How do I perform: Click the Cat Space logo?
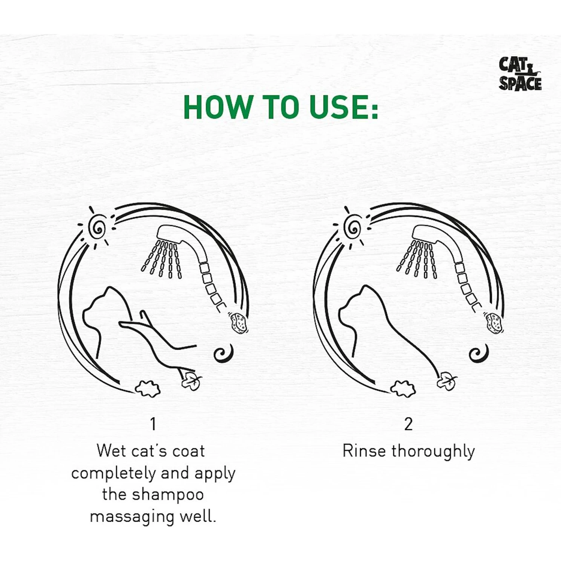(520, 74)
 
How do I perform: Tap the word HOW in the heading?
(218, 107)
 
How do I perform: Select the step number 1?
(153, 424)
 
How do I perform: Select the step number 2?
(408, 424)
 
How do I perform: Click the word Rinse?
(364, 451)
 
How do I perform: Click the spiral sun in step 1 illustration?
(97, 227)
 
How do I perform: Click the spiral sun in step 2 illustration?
(352, 227)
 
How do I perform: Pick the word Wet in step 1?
(111, 451)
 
